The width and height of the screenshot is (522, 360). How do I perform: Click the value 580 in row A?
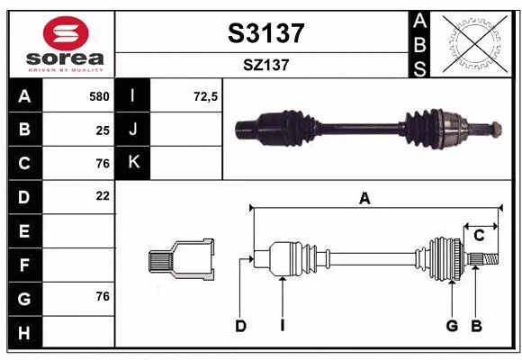[98, 96]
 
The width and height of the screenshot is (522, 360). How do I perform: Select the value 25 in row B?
[103, 130]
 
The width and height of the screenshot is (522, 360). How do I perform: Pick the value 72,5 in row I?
[206, 96]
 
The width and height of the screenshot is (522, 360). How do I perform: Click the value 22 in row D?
[103, 195]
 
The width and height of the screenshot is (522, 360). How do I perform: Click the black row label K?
[133, 163]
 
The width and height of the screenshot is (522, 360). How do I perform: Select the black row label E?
[24, 230]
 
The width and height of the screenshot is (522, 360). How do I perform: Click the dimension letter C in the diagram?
[480, 235]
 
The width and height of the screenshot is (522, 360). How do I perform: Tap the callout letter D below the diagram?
[240, 326]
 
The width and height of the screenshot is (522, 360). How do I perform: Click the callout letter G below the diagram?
[452, 326]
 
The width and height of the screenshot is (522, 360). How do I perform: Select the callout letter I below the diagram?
[282, 326]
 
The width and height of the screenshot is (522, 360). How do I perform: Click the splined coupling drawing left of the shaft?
[182, 261]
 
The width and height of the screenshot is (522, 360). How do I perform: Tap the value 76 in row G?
[103, 296]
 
